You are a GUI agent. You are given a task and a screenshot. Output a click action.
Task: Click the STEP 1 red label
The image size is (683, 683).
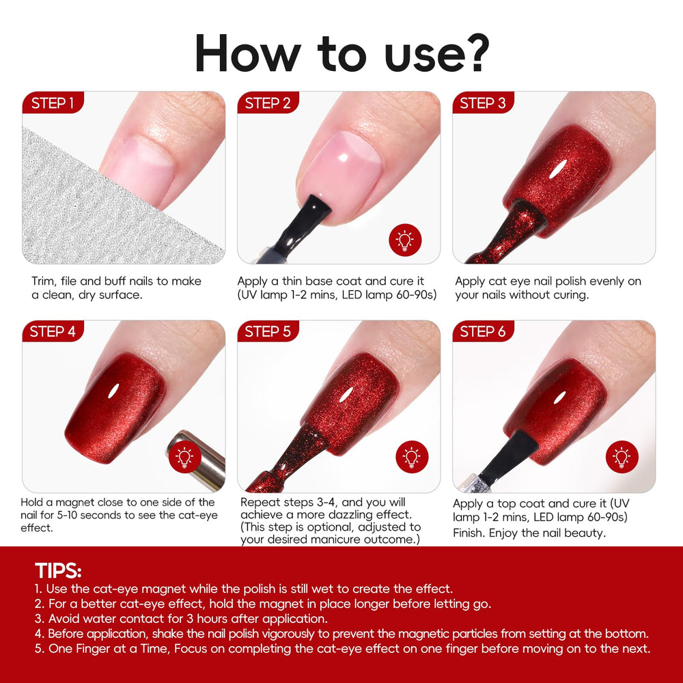[53, 103]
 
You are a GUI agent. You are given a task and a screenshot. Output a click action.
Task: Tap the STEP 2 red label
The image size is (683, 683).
[268, 103]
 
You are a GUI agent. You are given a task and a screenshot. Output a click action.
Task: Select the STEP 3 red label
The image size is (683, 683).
[483, 103]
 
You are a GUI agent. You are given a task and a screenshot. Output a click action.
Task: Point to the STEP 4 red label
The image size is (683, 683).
[53, 331]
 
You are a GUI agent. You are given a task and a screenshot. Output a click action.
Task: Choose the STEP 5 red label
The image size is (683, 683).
[268, 331]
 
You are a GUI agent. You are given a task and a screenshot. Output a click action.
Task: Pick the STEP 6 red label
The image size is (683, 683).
[483, 331]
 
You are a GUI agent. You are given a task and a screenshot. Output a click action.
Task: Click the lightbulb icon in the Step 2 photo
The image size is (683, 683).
[405, 240]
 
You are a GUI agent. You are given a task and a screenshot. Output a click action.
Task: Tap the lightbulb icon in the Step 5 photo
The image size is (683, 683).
[412, 457]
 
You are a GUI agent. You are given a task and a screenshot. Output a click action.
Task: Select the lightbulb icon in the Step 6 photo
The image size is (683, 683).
[622, 457]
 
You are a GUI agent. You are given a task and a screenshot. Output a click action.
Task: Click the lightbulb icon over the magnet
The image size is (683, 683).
[184, 457]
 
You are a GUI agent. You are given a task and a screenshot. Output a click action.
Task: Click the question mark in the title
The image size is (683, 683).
[475, 53]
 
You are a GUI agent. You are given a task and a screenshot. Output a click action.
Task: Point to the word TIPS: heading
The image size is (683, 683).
[58, 570]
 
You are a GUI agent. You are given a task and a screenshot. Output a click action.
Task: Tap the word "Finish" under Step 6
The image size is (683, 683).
[469, 533]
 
